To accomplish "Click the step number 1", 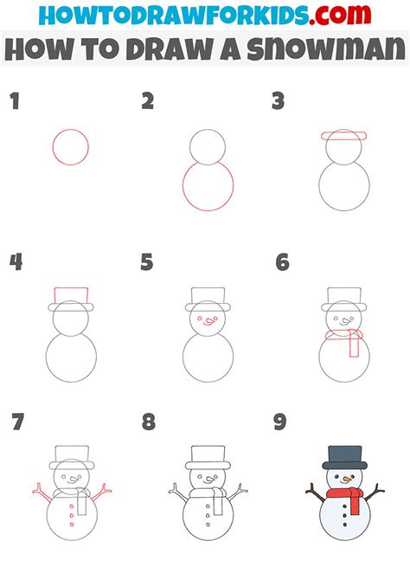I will [x=14, y=102].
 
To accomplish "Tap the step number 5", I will [x=147, y=261].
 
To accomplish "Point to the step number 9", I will [x=279, y=422].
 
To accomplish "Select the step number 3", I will [x=279, y=102].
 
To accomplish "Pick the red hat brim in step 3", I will [x=343, y=136].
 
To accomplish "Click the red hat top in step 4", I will [x=71, y=295].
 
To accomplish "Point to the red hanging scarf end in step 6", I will [x=351, y=345].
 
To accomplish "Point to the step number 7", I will [x=16, y=422].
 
